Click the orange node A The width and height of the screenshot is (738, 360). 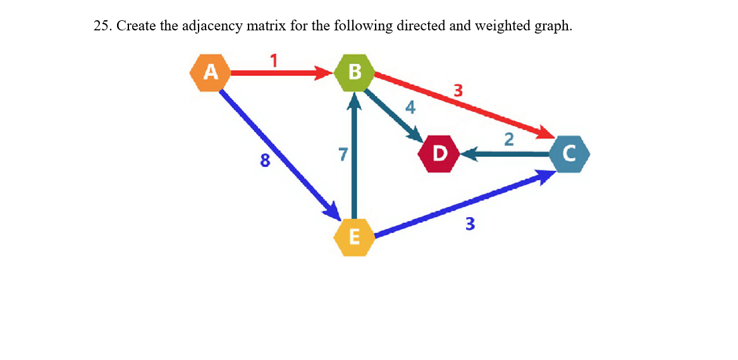(211, 73)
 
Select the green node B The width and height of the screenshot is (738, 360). (354, 73)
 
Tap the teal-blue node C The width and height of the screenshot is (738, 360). (569, 153)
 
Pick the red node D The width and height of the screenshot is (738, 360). (438, 153)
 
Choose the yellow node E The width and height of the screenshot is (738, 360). (354, 237)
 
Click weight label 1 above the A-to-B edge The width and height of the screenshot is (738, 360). (274, 61)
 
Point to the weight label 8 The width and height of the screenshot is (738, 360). (265, 161)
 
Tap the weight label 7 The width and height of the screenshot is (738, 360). (342, 154)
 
